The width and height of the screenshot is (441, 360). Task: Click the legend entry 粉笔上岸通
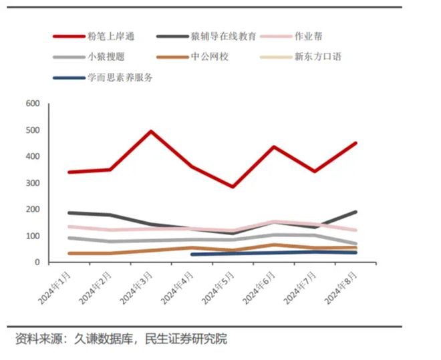tap(111, 36)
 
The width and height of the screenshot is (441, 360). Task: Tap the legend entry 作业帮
tap(309, 36)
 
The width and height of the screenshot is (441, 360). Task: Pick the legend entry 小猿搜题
tap(106, 57)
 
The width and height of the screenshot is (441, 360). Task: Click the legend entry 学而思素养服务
tap(120, 77)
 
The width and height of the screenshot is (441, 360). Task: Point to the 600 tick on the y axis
tap(33, 104)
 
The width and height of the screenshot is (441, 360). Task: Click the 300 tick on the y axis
tap(33, 183)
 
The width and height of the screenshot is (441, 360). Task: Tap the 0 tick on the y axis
tap(37, 262)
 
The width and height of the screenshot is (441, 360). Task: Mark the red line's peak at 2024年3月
tap(151, 131)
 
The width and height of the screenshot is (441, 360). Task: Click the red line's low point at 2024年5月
tap(233, 186)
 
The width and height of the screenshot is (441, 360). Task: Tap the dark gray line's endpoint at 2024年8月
tap(355, 212)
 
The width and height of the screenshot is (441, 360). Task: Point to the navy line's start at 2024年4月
tap(192, 254)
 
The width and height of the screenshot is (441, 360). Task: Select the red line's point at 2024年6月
tap(273, 147)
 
